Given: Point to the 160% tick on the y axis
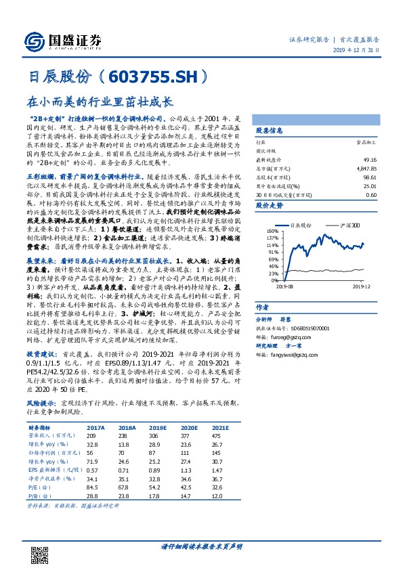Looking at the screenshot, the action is point(273,231).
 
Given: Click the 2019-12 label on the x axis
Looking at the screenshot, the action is point(360,286).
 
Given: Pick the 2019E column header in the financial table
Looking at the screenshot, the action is point(158,428).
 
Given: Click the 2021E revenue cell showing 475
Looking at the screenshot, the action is point(216,435).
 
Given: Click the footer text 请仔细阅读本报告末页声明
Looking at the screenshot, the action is point(201,546).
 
